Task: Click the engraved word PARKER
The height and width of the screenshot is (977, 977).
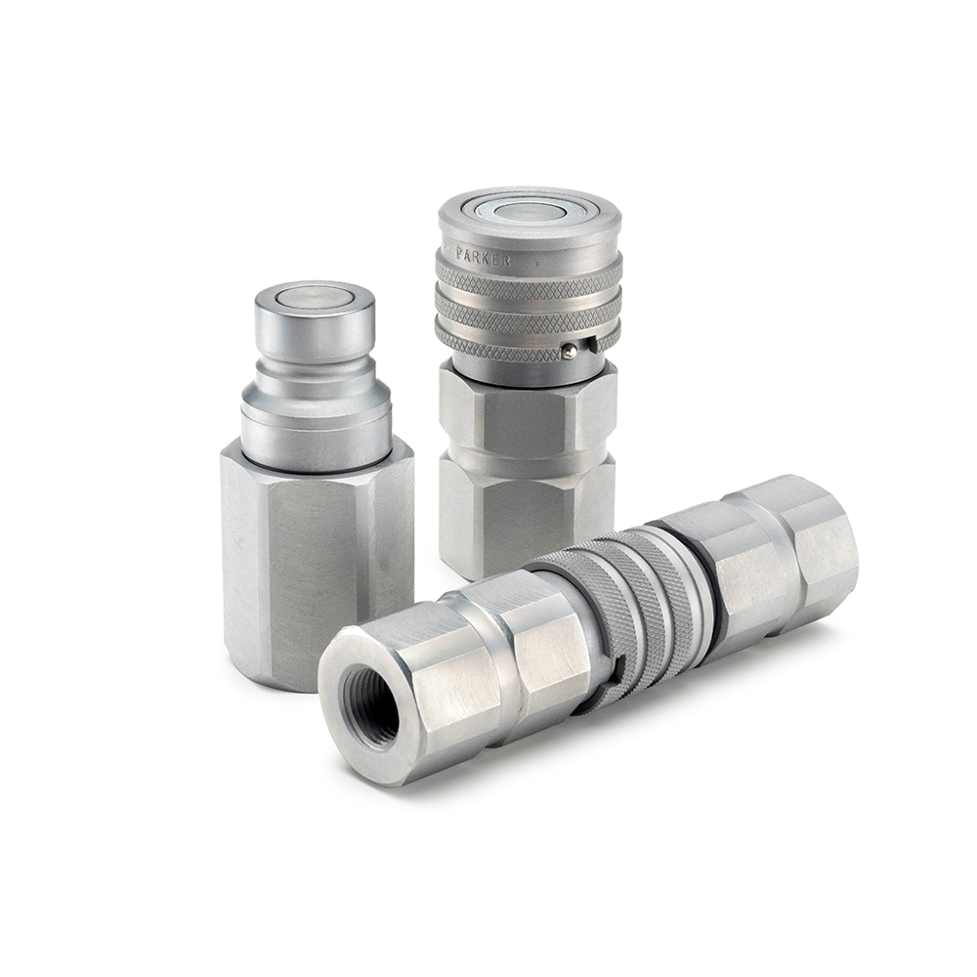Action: (x=485, y=257)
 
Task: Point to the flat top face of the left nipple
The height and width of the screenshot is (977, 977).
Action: (x=315, y=296)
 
